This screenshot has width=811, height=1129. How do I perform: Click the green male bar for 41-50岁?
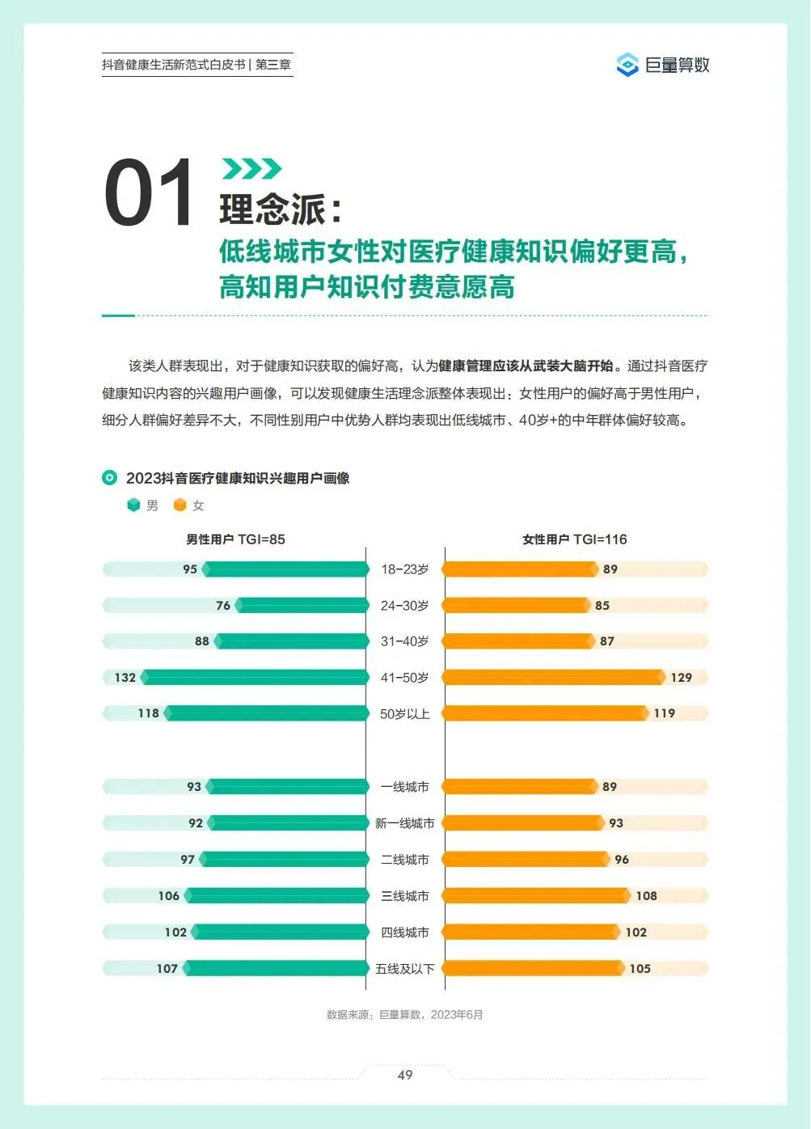click(255, 677)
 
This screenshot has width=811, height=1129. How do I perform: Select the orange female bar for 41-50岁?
click(553, 677)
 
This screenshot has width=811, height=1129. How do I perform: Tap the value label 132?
click(125, 678)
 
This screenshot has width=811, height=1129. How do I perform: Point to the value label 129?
click(681, 678)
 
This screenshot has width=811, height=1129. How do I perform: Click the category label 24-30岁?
click(405, 605)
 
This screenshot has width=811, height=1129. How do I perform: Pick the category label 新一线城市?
click(405, 823)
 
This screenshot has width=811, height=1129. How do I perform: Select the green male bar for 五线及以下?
click(276, 968)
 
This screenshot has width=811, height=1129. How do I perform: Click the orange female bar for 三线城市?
click(536, 895)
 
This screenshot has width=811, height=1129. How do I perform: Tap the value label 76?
click(223, 605)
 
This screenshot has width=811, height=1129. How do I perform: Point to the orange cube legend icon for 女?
click(180, 505)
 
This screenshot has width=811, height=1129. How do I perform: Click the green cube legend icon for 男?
click(133, 505)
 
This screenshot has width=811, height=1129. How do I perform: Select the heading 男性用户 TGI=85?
click(235, 539)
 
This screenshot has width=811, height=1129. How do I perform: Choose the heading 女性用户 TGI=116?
click(575, 539)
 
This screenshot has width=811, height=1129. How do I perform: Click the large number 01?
click(149, 192)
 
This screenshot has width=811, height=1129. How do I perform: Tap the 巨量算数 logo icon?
click(627, 65)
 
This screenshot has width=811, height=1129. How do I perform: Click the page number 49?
click(405, 1075)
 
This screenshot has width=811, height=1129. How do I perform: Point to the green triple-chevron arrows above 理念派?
click(251, 168)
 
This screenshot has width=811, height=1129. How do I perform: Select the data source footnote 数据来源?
click(405, 1015)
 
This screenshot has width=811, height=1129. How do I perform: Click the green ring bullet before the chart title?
click(109, 477)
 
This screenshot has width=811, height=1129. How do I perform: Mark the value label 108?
click(646, 895)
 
